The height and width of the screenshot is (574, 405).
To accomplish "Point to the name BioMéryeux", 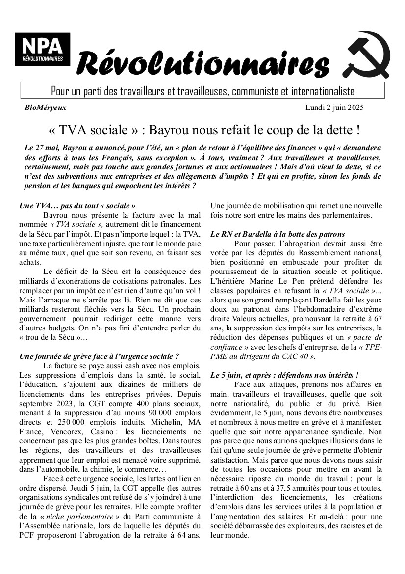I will coord(45,108).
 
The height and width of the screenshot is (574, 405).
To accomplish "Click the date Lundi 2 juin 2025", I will coord(335,108).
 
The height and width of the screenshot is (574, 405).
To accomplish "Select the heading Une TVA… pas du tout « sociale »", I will coord(77,206).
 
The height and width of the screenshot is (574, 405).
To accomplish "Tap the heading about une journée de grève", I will coord(99,356).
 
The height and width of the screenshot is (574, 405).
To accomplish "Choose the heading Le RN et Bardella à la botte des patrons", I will coord(278,234).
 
